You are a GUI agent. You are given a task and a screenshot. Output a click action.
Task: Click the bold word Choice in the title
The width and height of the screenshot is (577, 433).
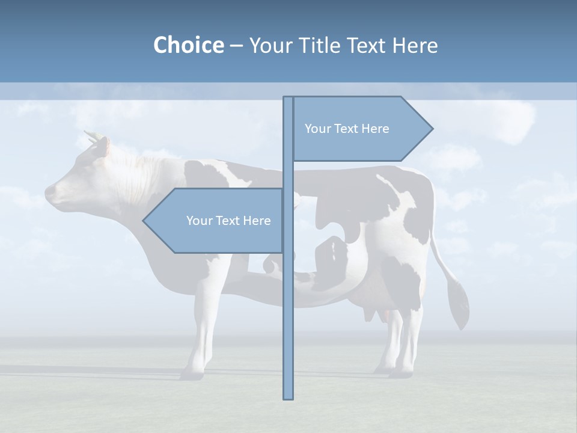[x=188, y=45]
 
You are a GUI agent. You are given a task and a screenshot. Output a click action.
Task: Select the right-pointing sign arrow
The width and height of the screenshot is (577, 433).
[x=361, y=129]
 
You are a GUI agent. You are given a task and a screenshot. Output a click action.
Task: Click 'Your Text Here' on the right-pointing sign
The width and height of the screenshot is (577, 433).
[x=347, y=129]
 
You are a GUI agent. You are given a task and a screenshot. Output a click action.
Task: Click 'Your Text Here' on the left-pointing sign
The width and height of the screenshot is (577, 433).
[x=228, y=221]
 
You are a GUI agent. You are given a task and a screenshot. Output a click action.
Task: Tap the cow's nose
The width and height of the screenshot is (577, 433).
[x=49, y=194]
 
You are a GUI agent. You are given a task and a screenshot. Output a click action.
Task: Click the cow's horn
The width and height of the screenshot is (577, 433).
[x=91, y=136]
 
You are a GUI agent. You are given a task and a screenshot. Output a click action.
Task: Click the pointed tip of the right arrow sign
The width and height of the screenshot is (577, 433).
[x=432, y=129]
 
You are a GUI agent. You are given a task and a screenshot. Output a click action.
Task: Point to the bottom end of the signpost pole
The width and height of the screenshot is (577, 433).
[x=288, y=397]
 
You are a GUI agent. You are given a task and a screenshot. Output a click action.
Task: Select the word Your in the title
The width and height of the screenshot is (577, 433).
[x=269, y=45]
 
